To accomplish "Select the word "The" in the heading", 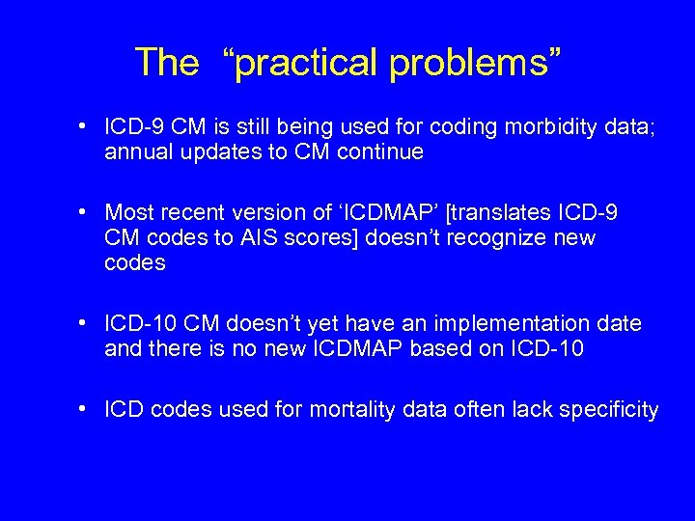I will click(166, 63).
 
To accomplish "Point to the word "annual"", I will click(137, 152).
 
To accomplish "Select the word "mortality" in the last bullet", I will click(350, 410).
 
